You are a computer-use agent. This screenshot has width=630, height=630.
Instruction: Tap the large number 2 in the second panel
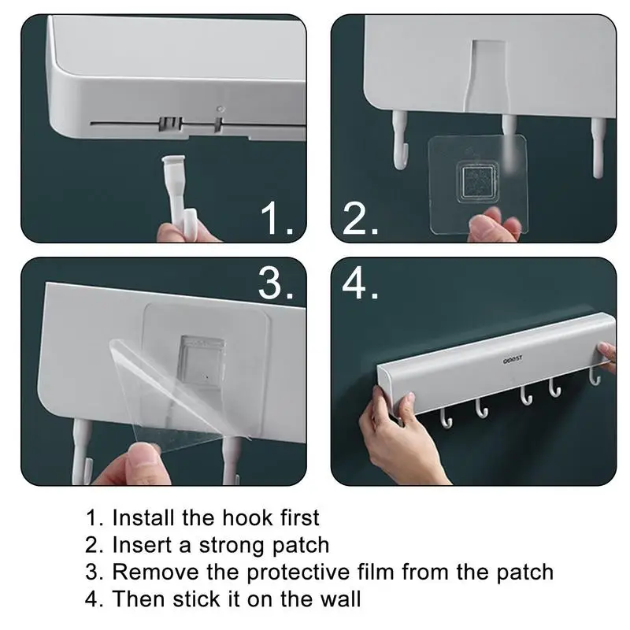[x=355, y=218]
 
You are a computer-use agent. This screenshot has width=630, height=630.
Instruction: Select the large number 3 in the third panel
[x=270, y=283]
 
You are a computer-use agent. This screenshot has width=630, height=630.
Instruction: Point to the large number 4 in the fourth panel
[x=355, y=283]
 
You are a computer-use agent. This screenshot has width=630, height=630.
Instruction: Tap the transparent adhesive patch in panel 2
[x=477, y=184]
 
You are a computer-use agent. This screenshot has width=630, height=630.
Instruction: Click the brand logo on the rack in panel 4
[x=513, y=358]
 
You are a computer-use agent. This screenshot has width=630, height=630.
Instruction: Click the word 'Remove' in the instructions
[x=155, y=573]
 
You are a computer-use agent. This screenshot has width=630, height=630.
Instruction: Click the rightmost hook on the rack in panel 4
[x=595, y=377]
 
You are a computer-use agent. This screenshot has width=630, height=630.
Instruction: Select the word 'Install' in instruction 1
[x=143, y=517]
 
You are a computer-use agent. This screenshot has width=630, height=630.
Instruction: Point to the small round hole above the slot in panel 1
[x=220, y=109]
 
